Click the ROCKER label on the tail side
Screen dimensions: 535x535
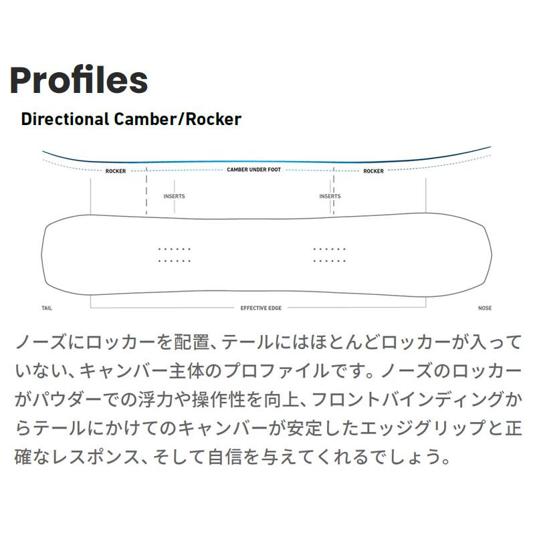[x=116, y=171]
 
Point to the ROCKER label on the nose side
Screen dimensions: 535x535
[x=373, y=171]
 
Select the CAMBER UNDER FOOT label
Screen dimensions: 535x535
[x=253, y=171]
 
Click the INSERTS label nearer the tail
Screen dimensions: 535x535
[x=174, y=197]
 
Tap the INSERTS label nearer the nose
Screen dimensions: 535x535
[x=330, y=197]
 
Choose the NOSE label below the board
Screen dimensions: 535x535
[x=485, y=308]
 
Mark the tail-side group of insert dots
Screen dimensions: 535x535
[x=175, y=254]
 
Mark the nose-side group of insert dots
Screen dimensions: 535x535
[x=330, y=254]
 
